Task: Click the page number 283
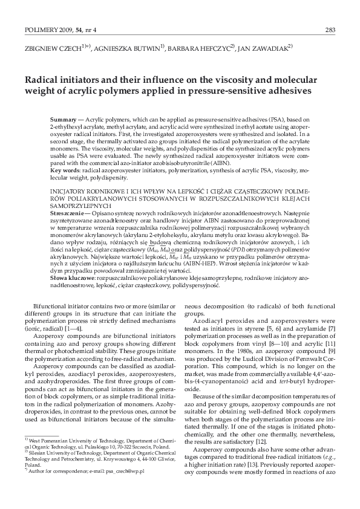pos(330,28)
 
